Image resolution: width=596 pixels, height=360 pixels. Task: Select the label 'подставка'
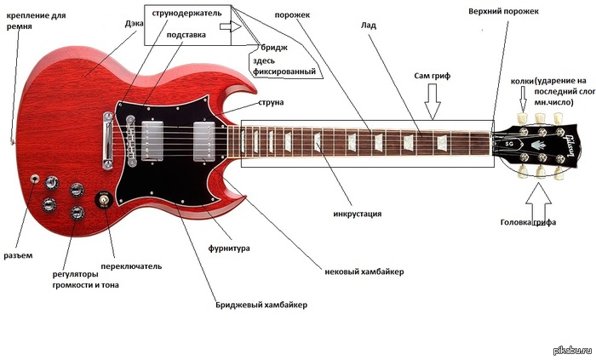point(186,35)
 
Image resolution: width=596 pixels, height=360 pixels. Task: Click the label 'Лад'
point(369,26)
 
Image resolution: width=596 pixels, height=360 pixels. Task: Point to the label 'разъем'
point(19,255)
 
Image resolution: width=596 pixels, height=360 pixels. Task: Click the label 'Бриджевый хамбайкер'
point(261,305)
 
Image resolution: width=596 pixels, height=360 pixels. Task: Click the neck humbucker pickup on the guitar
point(203,139)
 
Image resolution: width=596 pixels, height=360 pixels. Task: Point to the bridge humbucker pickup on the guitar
point(153,138)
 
